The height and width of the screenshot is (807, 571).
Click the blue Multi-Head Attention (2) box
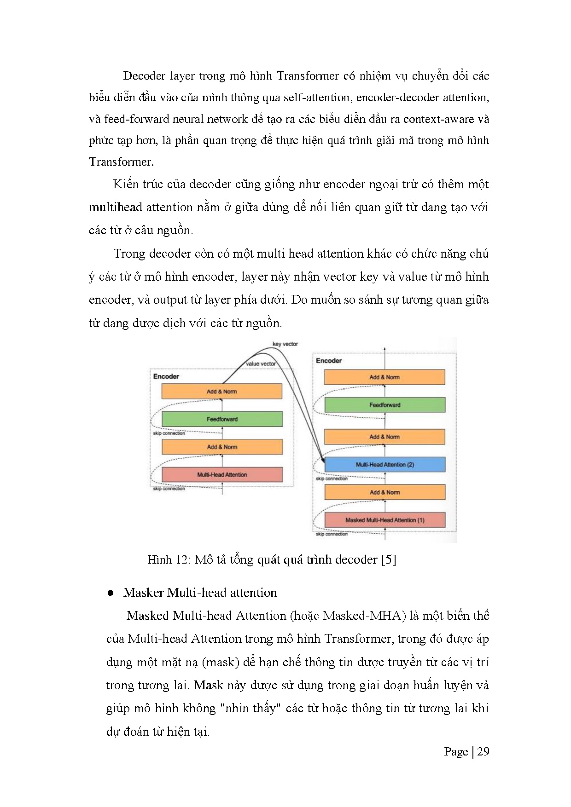pyautogui.click(x=385, y=465)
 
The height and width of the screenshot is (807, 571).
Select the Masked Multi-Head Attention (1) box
pyautogui.click(x=385, y=520)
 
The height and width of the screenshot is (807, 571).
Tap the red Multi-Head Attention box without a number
pyautogui.click(x=222, y=474)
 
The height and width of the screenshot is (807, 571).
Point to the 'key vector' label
pyautogui.click(x=285, y=344)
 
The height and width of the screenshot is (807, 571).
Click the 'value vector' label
pyautogui.click(x=261, y=363)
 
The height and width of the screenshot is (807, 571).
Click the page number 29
pyautogui.click(x=483, y=752)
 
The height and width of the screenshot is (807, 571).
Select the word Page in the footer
pyautogui.click(x=456, y=752)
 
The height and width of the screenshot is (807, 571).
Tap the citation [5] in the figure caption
pyautogui.click(x=389, y=559)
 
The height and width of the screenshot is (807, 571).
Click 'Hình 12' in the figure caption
pyautogui.click(x=166, y=559)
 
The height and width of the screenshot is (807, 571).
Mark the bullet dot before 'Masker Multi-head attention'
pyautogui.click(x=111, y=594)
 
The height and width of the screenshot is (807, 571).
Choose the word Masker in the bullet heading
pyautogui.click(x=144, y=593)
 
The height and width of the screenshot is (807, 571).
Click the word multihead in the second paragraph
pyautogui.click(x=116, y=207)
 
